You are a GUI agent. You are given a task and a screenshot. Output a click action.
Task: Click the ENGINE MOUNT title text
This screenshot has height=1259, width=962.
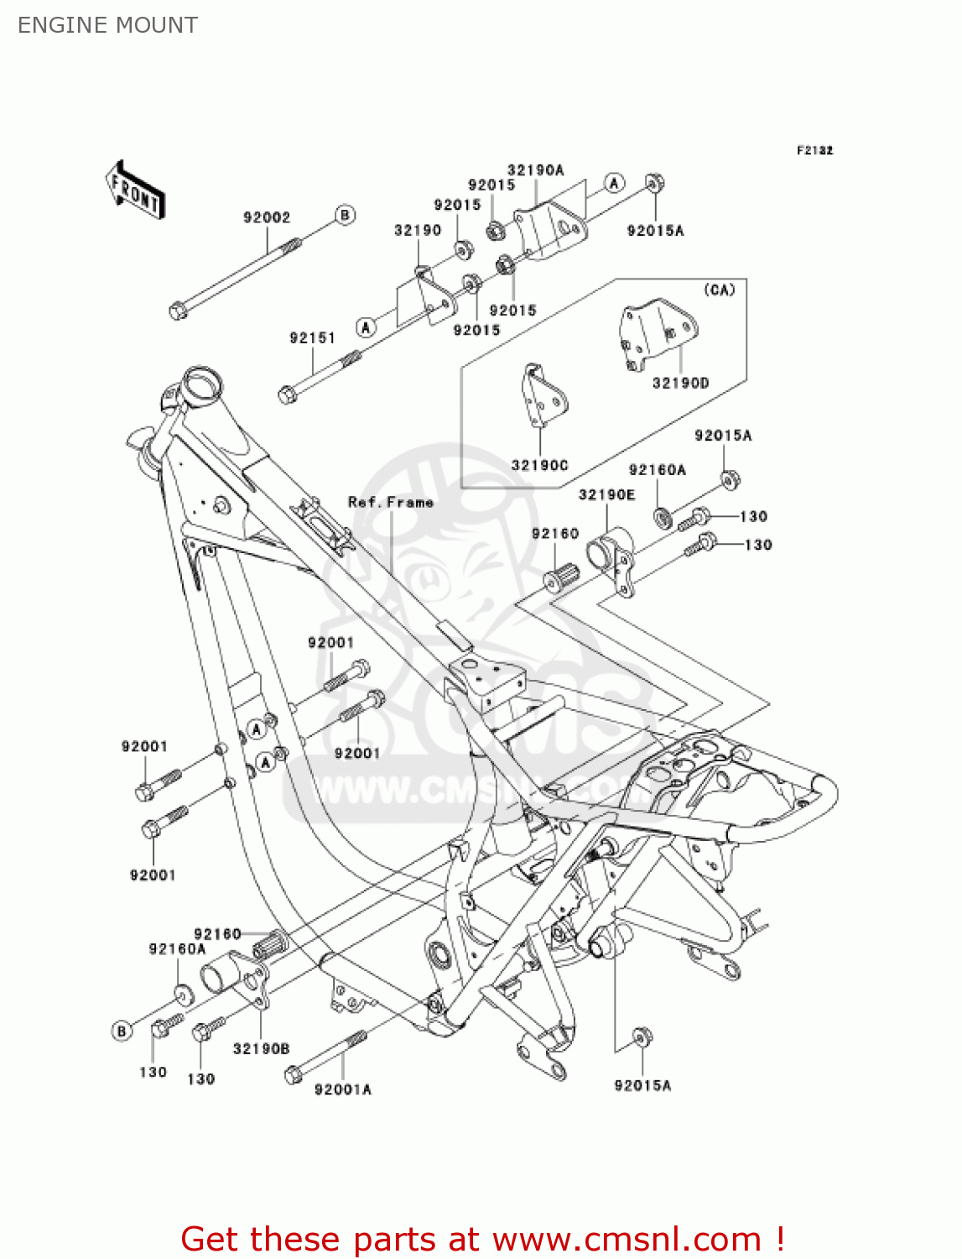[x=107, y=25]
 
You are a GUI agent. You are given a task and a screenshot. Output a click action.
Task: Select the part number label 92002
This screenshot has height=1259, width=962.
[x=266, y=217]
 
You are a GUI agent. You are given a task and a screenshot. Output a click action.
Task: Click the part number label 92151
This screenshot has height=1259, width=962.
[x=312, y=337]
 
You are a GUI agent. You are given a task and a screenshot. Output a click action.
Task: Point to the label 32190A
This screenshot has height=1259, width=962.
[x=535, y=170]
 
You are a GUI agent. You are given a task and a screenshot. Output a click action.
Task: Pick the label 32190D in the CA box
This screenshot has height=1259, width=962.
[x=680, y=383]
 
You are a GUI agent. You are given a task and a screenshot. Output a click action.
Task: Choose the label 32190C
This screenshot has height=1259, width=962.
[x=539, y=465]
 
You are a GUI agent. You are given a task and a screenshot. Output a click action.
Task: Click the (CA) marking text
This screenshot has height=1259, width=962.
[x=719, y=290]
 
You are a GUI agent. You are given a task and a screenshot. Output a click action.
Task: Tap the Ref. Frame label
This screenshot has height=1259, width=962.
[x=391, y=502]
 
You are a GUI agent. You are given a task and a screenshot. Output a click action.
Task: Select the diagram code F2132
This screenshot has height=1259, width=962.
[x=814, y=150]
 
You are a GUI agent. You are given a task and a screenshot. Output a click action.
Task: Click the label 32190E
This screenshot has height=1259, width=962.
[x=606, y=494]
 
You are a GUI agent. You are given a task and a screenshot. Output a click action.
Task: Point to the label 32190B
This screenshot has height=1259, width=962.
[x=261, y=1048]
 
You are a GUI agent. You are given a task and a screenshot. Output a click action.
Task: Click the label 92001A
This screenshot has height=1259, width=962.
[x=342, y=1089]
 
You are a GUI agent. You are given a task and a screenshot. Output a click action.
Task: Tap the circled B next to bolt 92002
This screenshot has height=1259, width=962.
[x=345, y=215]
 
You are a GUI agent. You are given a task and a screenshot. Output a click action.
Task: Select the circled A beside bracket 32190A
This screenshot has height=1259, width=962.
[x=615, y=183]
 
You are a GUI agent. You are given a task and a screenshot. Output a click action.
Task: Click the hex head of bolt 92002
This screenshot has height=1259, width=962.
[x=178, y=311]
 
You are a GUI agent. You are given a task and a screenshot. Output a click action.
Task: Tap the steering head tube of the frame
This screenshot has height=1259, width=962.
[x=202, y=386]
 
